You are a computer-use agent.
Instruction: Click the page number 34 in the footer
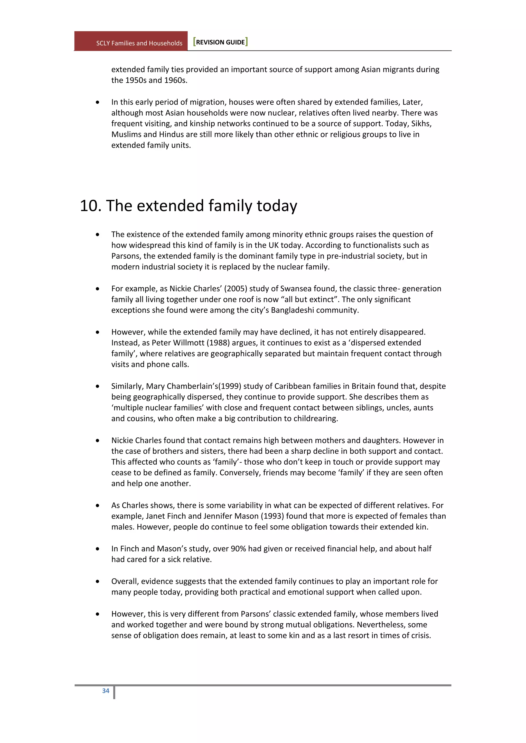[x=106, y=691]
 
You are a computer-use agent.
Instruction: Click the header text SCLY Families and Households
[x=139, y=43]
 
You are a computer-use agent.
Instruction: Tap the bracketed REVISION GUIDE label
[x=220, y=42]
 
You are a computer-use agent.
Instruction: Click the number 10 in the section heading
[x=88, y=206]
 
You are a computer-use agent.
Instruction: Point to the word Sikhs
[x=421, y=123]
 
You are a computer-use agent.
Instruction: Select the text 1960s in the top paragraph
[x=176, y=80]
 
